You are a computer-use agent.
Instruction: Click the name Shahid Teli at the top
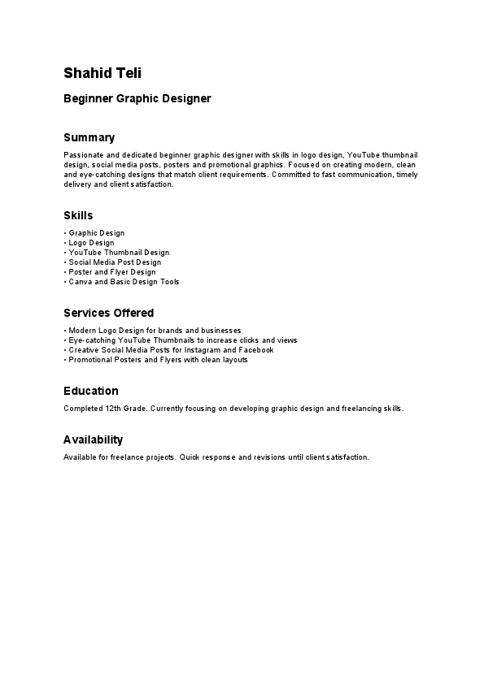point(102,73)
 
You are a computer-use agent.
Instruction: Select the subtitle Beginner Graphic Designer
point(137,99)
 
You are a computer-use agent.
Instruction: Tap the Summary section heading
point(89,137)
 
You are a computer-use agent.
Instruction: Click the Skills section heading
point(78,215)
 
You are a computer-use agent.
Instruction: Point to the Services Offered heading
point(108,313)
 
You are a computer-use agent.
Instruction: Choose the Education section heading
point(91,391)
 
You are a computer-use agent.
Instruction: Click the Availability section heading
point(93,439)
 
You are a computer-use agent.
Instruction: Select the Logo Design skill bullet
point(91,243)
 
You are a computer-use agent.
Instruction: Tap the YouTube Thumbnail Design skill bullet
point(119,253)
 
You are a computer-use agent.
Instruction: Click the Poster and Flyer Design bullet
point(111,272)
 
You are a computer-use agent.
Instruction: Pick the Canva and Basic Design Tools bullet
point(124,282)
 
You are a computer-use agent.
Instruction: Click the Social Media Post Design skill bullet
point(115,262)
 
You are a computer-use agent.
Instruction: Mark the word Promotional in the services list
point(90,360)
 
